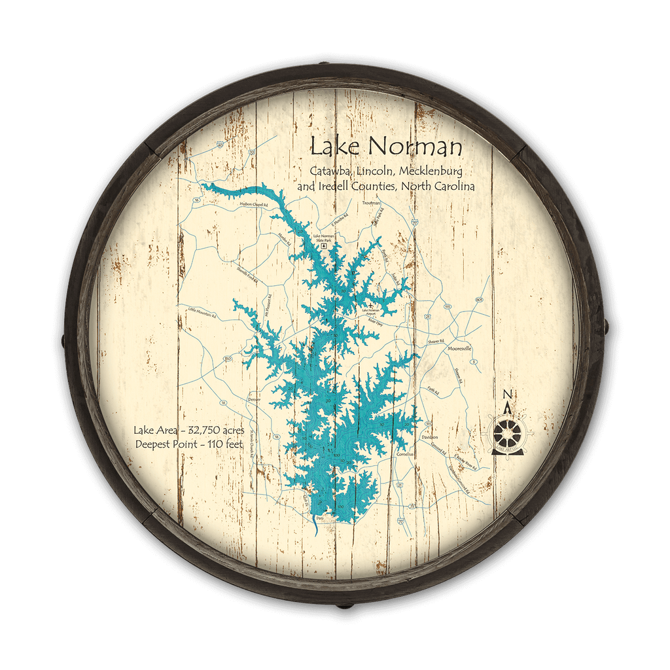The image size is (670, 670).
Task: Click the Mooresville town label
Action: point(459,349)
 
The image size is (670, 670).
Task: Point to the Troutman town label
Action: point(371,203)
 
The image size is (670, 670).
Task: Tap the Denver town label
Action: point(255,398)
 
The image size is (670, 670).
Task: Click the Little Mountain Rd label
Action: point(202,312)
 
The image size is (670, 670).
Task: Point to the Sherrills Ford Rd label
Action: point(245,279)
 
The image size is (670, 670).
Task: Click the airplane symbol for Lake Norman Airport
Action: point(372,305)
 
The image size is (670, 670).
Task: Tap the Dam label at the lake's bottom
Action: point(319,518)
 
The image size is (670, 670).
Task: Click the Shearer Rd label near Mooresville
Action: point(436,342)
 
